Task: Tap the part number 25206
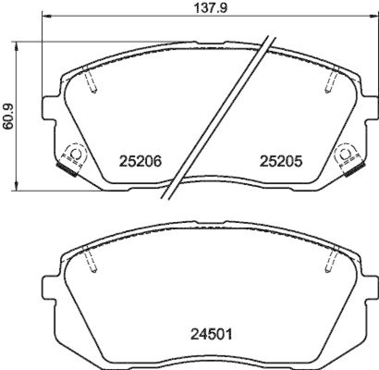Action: [140, 161]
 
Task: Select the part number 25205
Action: [280, 161]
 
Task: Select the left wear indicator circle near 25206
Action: [75, 153]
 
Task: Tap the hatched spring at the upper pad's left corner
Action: [67, 168]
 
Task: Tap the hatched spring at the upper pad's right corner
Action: [354, 168]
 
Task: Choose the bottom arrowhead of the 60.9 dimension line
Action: [17, 188]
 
